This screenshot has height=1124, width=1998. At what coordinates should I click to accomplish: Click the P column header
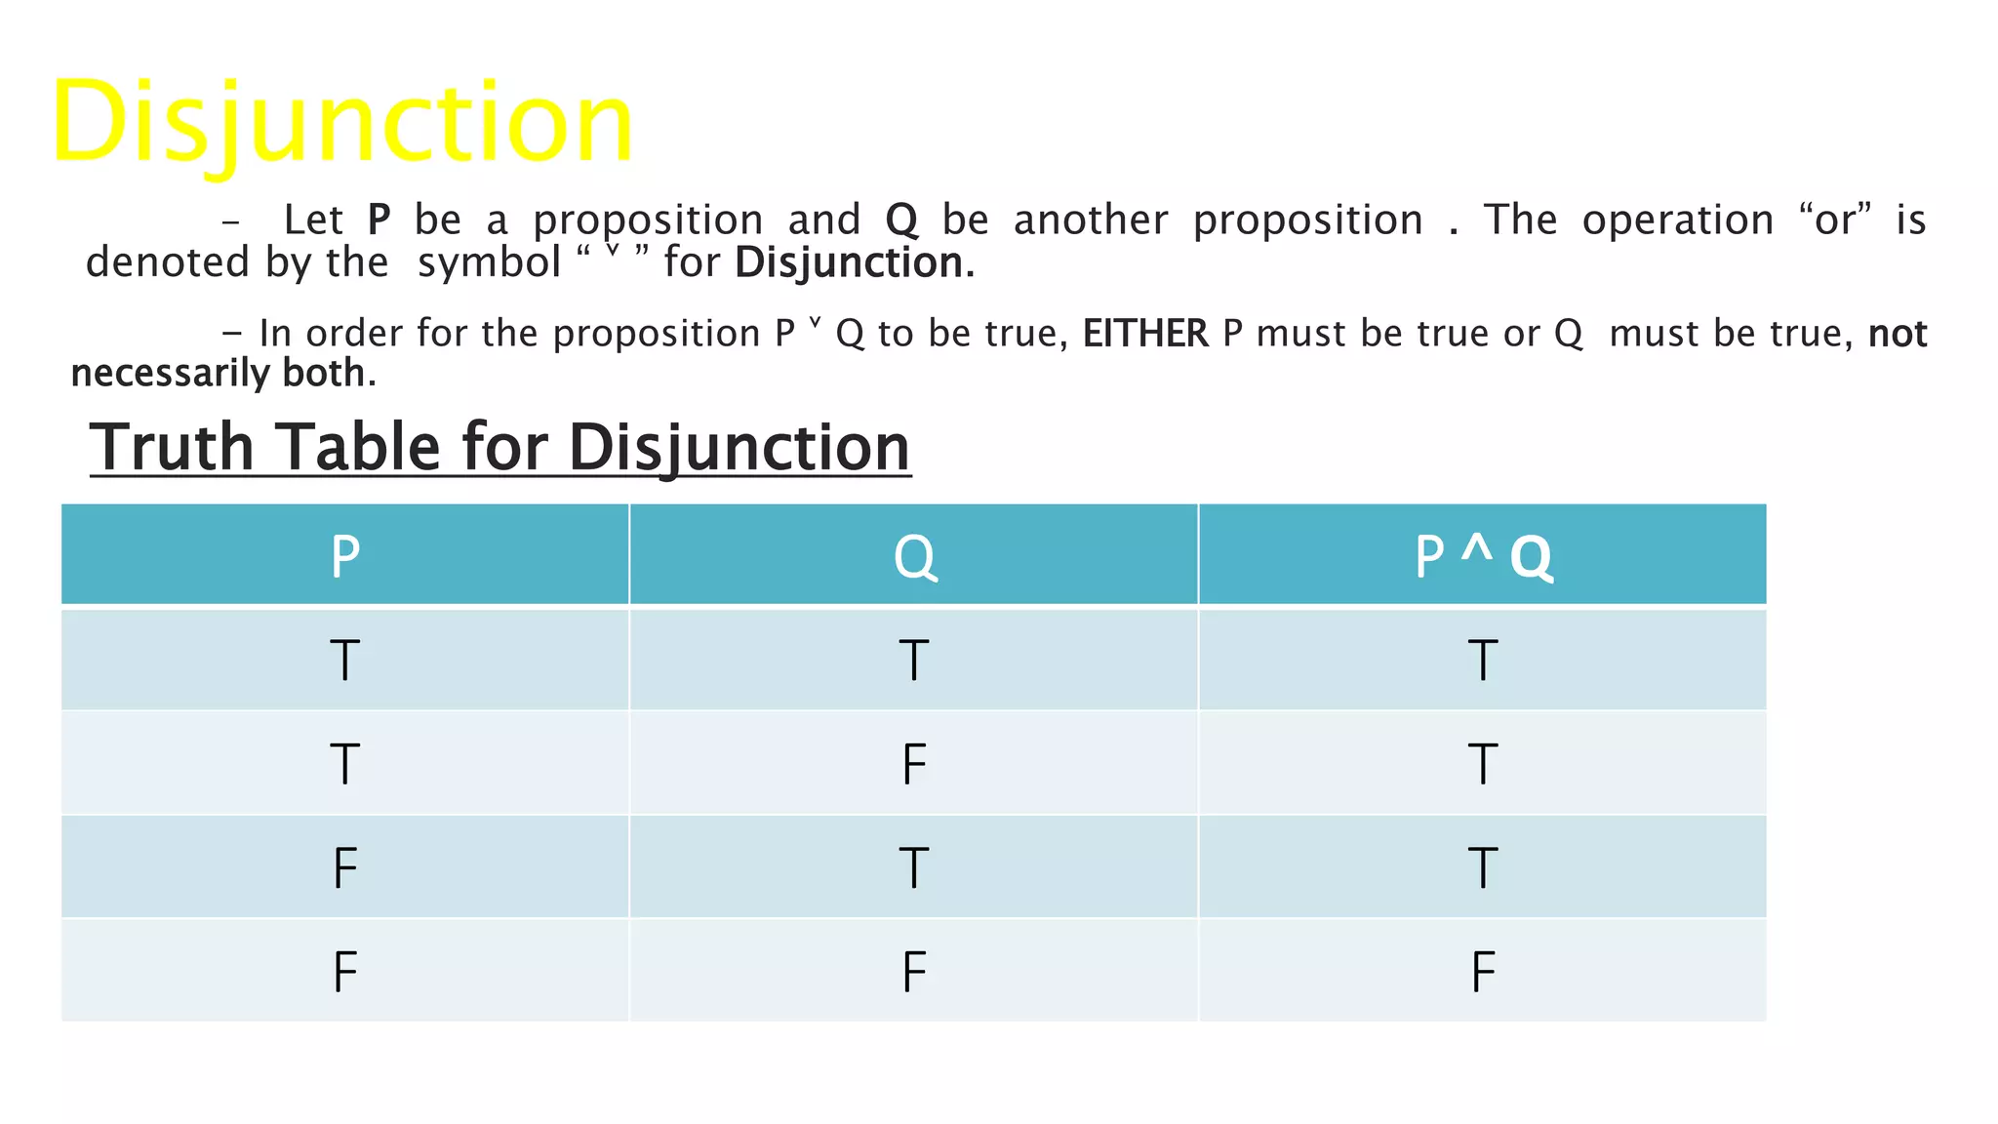pyautogui.click(x=345, y=557)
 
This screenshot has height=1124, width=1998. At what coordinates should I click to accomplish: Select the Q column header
pyautogui.click(x=914, y=557)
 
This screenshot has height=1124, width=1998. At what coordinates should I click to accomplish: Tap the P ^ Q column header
pyautogui.click(x=1482, y=557)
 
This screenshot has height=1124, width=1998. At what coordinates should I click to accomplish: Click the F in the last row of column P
pyautogui.click(x=345, y=972)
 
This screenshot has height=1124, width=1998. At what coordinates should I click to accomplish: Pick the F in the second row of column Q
pyautogui.click(x=914, y=764)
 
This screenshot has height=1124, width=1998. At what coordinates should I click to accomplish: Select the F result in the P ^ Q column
pyautogui.click(x=1483, y=972)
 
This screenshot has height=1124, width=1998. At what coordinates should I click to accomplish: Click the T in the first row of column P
pyautogui.click(x=345, y=661)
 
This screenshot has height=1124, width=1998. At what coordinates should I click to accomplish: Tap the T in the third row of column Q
pyautogui.click(x=914, y=868)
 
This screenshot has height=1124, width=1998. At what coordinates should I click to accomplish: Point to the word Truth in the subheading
pyautogui.click(x=173, y=448)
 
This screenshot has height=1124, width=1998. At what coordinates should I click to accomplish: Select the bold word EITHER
pyautogui.click(x=1145, y=335)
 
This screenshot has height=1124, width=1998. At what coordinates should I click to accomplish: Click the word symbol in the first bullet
pyautogui.click(x=489, y=263)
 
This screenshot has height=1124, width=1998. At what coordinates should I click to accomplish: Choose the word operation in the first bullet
pyautogui.click(x=1677, y=221)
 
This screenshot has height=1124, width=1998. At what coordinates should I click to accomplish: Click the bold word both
pyautogui.click(x=326, y=374)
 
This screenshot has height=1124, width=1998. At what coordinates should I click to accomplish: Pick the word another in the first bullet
pyautogui.click(x=1091, y=221)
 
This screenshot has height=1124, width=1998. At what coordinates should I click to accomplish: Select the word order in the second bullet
pyautogui.click(x=354, y=335)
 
